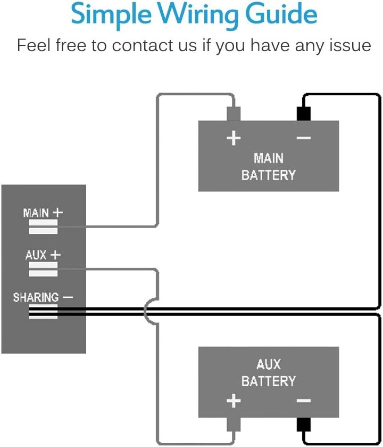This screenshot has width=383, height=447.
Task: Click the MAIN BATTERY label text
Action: pyautogui.click(x=268, y=166)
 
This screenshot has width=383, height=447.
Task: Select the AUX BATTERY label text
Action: pyautogui.click(x=268, y=373)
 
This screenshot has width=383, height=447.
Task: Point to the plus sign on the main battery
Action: pyautogui.click(x=234, y=139)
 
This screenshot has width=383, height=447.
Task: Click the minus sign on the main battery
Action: pyautogui.click(x=303, y=139)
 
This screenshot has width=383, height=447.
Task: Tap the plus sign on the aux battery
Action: pyautogui.click(x=234, y=401)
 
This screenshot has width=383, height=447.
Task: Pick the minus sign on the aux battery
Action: pyautogui.click(x=303, y=401)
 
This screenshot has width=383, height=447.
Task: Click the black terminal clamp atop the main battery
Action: pyautogui.click(x=303, y=113)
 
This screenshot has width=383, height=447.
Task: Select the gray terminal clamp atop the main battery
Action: pyautogui.click(x=234, y=113)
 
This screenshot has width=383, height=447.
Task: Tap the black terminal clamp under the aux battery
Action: pyautogui.click(x=303, y=425)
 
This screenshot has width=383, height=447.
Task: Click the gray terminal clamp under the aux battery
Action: pyautogui.click(x=234, y=425)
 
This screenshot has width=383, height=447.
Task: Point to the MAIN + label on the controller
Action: pyautogui.click(x=43, y=213)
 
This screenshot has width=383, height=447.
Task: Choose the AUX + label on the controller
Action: pyautogui.click(x=43, y=255)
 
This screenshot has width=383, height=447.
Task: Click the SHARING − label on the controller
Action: pyautogui.click(x=43, y=297)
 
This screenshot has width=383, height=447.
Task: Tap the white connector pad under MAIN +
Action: pyautogui.click(x=43, y=227)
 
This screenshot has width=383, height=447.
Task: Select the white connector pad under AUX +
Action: pyautogui.click(x=43, y=269)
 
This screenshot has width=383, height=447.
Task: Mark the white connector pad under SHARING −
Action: pyautogui.click(x=43, y=312)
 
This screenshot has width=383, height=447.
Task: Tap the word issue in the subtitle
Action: pyautogui.click(x=349, y=45)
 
